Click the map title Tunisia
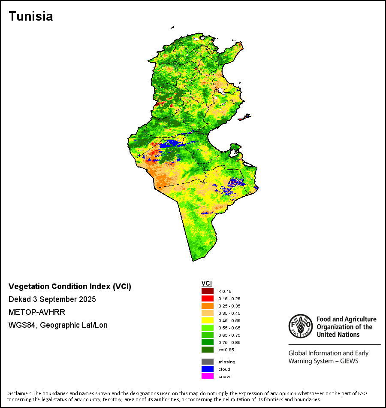pyautogui.click(x=31, y=16)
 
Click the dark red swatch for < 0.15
pyautogui.click(x=208, y=291)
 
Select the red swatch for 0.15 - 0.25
pyautogui.click(x=208, y=298)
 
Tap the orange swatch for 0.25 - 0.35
pyautogui.click(x=208, y=306)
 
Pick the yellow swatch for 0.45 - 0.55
pyautogui.click(x=208, y=320)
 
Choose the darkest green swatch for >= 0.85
pyautogui.click(x=208, y=350)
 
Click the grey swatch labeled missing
pyautogui.click(x=208, y=362)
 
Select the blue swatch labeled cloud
pyautogui.click(x=208, y=369)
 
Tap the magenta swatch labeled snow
pyautogui.click(x=208, y=376)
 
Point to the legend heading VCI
pyautogui.click(x=207, y=283)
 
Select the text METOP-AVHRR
pyautogui.click(x=36, y=312)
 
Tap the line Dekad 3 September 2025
pyautogui.click(x=52, y=299)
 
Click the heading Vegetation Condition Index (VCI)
pyautogui.click(x=70, y=286)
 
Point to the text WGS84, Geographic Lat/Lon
pyautogui.click(x=58, y=325)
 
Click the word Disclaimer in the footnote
pyautogui.click(x=19, y=393)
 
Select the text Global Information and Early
pyautogui.click(x=328, y=353)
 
